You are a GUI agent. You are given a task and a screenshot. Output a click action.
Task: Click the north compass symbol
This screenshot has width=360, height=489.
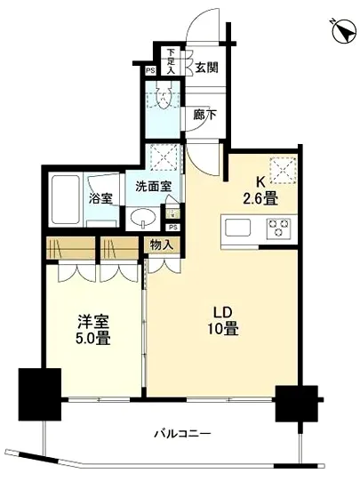[341, 32]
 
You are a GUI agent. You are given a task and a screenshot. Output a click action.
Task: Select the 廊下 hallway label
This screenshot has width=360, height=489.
[206, 114]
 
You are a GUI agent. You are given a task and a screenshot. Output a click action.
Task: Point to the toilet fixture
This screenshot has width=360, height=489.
[163, 97]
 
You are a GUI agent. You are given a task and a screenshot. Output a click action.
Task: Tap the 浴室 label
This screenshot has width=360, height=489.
[100, 198]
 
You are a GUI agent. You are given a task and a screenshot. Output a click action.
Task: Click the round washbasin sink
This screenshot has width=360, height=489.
[142, 219]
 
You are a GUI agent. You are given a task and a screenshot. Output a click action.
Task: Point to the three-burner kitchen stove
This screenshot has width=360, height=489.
[281, 227]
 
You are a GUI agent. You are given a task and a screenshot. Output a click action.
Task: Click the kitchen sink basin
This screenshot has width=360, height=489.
[241, 228]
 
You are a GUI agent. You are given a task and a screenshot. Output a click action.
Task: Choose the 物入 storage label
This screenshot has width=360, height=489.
[161, 244]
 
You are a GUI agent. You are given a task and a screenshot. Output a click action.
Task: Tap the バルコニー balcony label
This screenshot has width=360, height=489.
[181, 436]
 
